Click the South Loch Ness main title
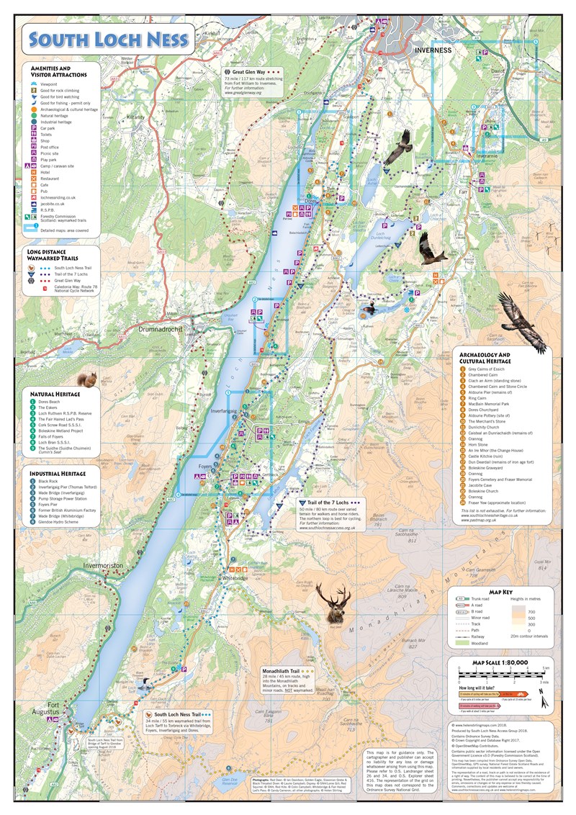point(105,39)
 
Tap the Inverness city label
point(433,50)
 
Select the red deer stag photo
point(333,601)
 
